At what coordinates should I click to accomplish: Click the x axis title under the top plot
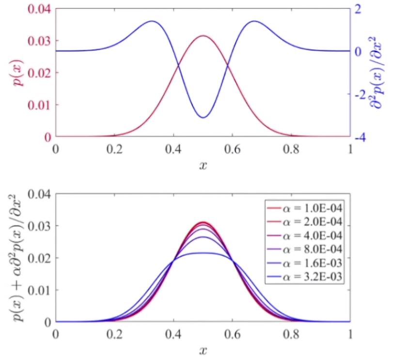click(x=203, y=165)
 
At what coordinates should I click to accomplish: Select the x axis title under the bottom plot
click(x=203, y=350)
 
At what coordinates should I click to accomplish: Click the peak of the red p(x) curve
click(x=203, y=36)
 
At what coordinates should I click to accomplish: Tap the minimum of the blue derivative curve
click(x=203, y=117)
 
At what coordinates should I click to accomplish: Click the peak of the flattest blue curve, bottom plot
click(x=203, y=253)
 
